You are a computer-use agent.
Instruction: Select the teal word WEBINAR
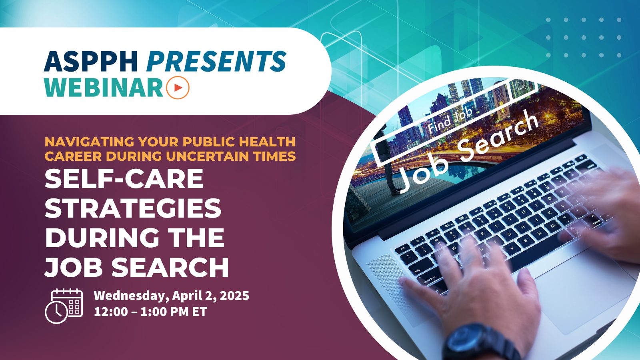(104, 87)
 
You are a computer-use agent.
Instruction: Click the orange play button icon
(178, 87)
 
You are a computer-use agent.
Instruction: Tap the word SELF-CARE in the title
(124, 178)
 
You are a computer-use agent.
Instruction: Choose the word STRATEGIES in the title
(133, 208)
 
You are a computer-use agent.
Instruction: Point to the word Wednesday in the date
(131, 296)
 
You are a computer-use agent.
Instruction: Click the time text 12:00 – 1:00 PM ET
(150, 312)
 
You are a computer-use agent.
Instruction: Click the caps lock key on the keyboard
(430, 278)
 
